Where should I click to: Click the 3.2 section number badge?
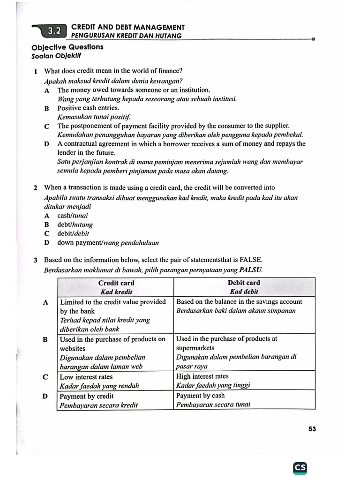54,31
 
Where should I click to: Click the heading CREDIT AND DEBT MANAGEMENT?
127,28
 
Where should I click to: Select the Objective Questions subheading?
67,47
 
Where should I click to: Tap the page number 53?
312,428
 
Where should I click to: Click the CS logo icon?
300,467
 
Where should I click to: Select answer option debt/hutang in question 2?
75,225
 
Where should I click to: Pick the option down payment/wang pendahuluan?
108,243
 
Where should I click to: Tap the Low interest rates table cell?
87,376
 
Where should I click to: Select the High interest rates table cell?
202,376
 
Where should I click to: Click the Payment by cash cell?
200,396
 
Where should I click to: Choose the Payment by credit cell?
87,396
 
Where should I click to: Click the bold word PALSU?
251,270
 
